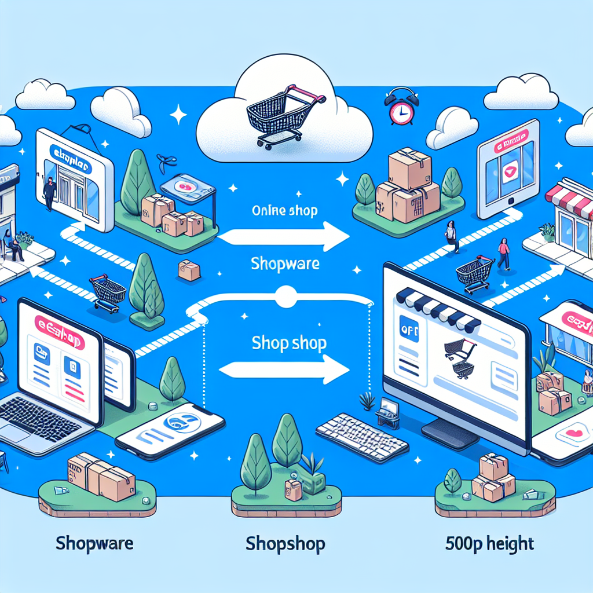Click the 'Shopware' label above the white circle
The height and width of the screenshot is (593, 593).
pyautogui.click(x=284, y=263)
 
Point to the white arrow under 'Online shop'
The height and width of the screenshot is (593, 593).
pyautogui.click(x=284, y=237)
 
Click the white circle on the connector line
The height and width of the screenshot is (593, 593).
pyautogui.click(x=284, y=296)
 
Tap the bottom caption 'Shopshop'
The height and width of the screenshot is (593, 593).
pyautogui.click(x=285, y=544)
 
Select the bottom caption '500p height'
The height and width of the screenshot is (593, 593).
pyautogui.click(x=489, y=544)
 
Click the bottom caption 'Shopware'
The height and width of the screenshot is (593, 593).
pyautogui.click(x=95, y=544)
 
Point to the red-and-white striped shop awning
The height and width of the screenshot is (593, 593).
pyautogui.click(x=571, y=200)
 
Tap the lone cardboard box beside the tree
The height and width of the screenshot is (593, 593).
pyautogui.click(x=189, y=270)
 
